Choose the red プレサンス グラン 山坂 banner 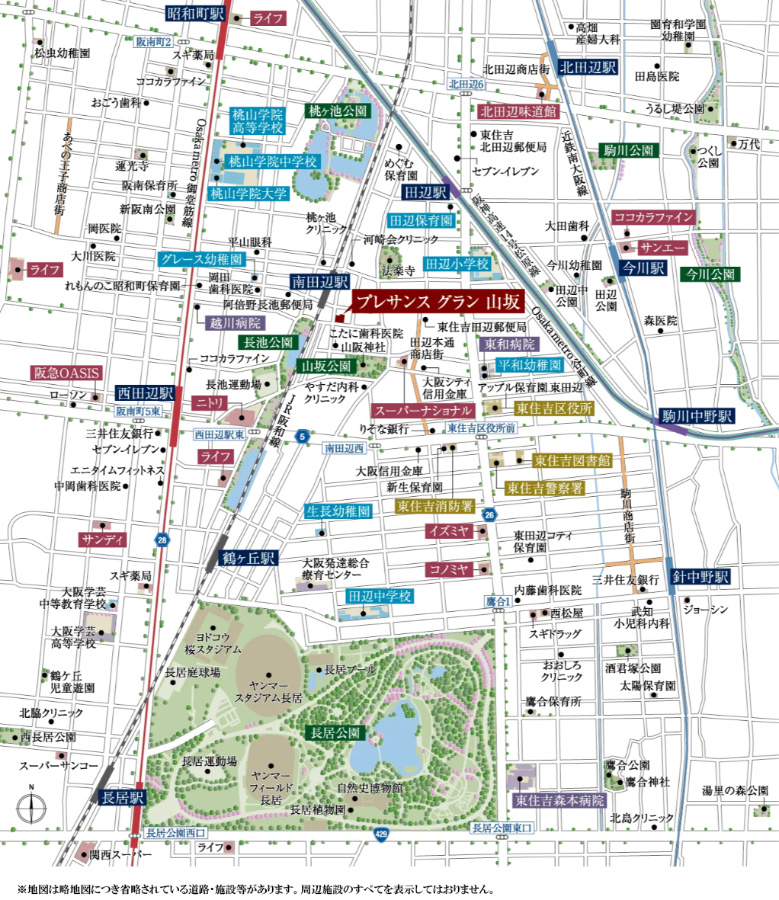438,302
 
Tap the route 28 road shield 162,540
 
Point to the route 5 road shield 303,437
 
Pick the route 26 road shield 489,514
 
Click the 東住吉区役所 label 553,408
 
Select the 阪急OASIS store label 66,373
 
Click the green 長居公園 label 335,733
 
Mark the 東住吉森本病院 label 559,801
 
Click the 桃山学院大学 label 248,194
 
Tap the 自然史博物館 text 371,788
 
